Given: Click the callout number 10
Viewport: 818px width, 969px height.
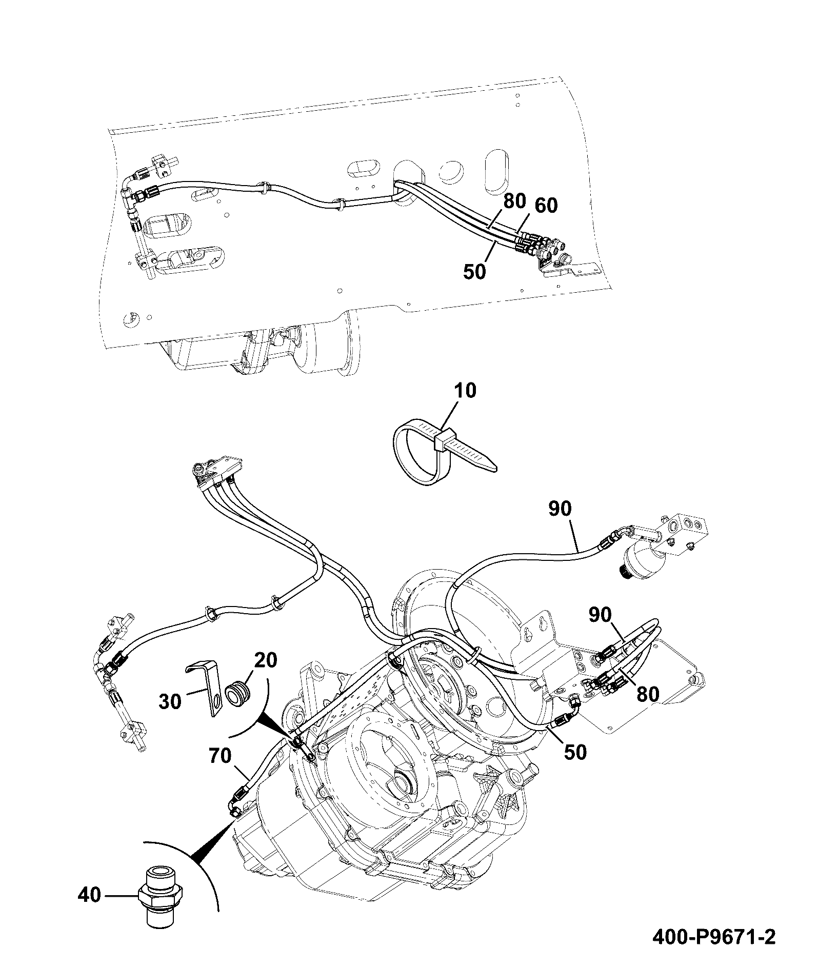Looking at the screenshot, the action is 465,391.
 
